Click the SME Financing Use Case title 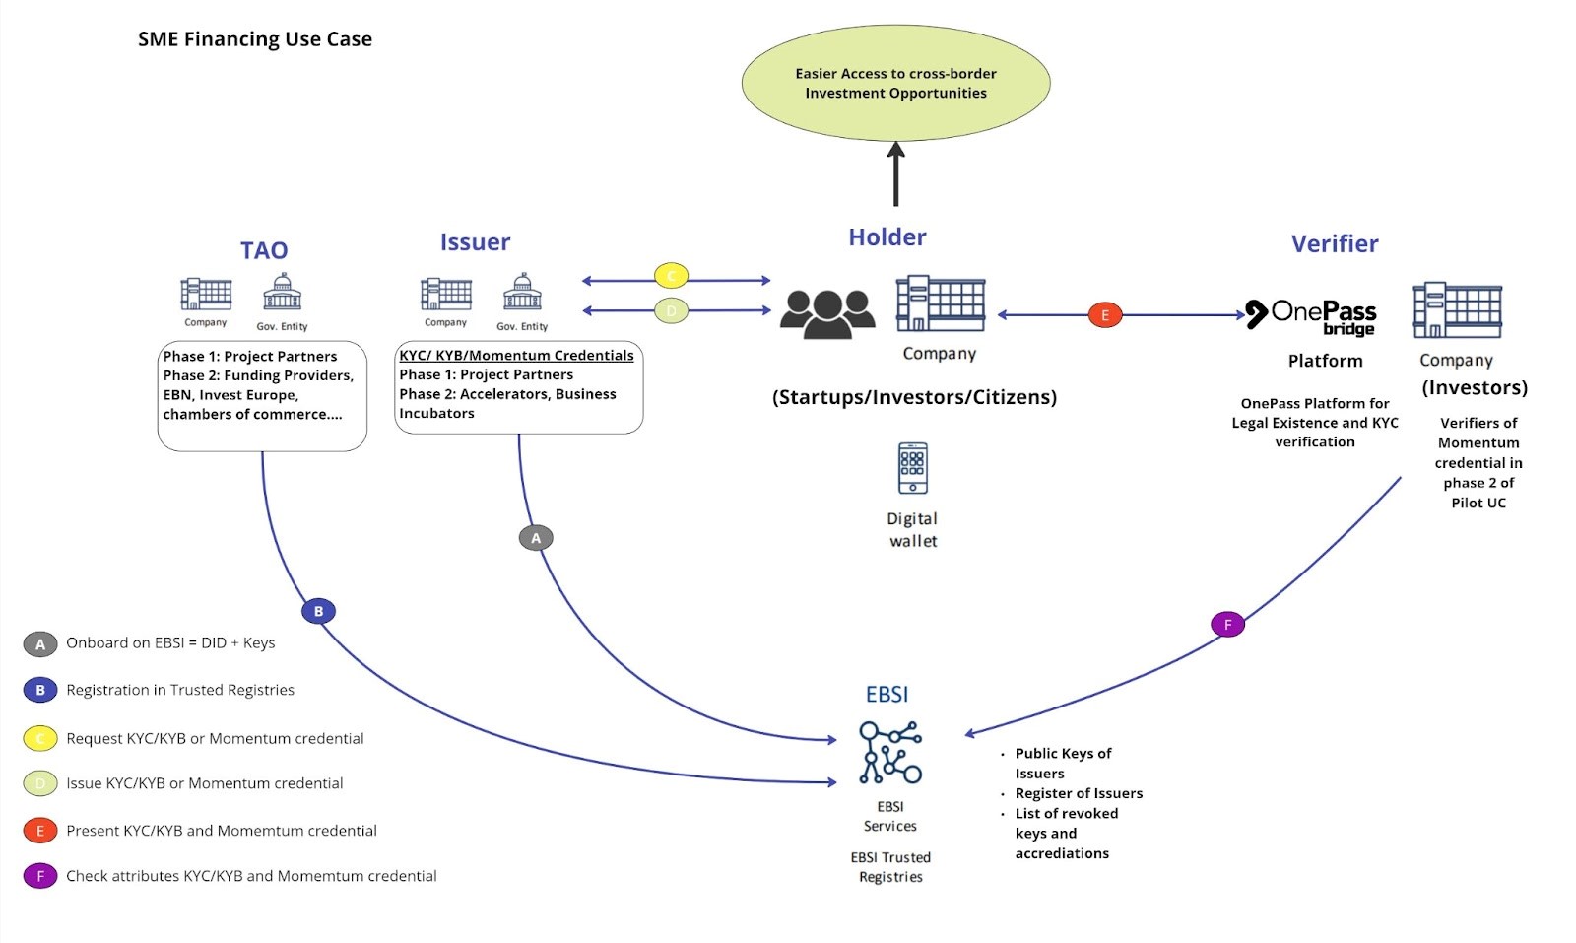(254, 39)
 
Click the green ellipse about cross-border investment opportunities (895, 84)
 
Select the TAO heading (264, 250)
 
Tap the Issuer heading (475, 242)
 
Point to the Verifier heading (1334, 243)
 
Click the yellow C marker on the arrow (671, 276)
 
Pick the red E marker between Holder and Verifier (1104, 315)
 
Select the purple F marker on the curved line (1227, 625)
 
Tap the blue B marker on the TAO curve (318, 611)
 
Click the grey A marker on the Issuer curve (536, 538)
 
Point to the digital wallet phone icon (912, 468)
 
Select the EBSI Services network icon (889, 752)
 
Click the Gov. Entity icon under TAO (282, 293)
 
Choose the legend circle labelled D (40, 784)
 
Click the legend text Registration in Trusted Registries (180, 690)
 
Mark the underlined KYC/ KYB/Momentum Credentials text (516, 355)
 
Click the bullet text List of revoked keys (1066, 814)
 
